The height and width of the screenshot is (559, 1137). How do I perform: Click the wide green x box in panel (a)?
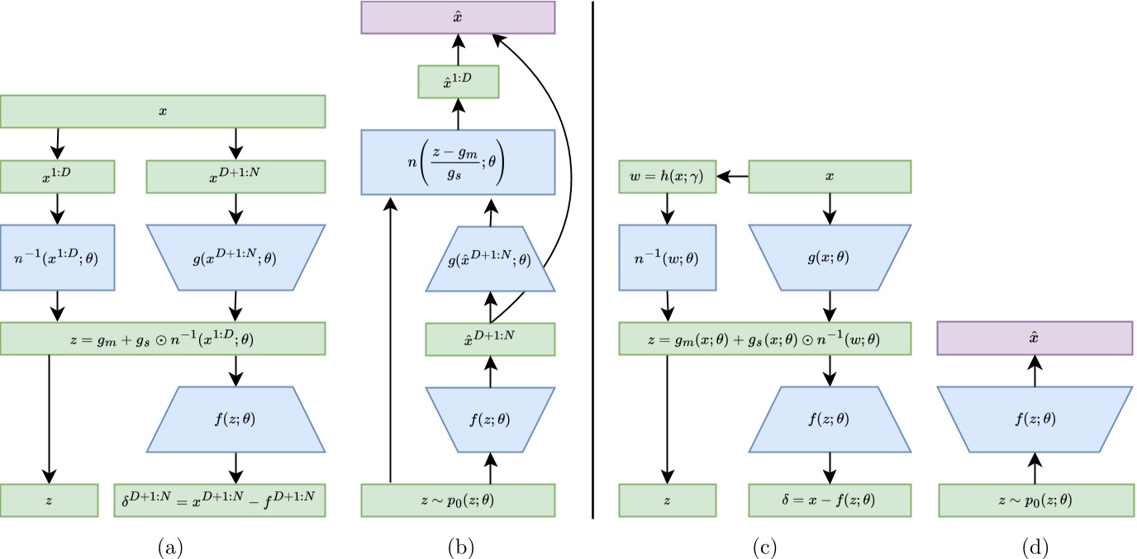pos(164,111)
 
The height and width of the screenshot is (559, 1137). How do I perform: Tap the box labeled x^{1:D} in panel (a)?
pos(57,176)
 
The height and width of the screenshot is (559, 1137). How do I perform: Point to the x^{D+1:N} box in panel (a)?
pos(235,176)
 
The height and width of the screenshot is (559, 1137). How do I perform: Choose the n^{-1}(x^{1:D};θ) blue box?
pos(57,257)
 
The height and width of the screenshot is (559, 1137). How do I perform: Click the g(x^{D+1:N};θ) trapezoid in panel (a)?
pos(235,257)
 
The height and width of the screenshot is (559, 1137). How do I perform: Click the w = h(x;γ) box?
pos(667,176)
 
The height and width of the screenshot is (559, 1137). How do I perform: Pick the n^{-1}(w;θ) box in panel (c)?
pos(667,257)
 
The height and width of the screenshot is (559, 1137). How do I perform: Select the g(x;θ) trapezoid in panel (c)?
pos(830,257)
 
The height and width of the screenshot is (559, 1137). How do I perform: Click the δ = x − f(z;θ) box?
pos(830,500)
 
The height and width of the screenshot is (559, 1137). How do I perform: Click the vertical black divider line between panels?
pos(593,264)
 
